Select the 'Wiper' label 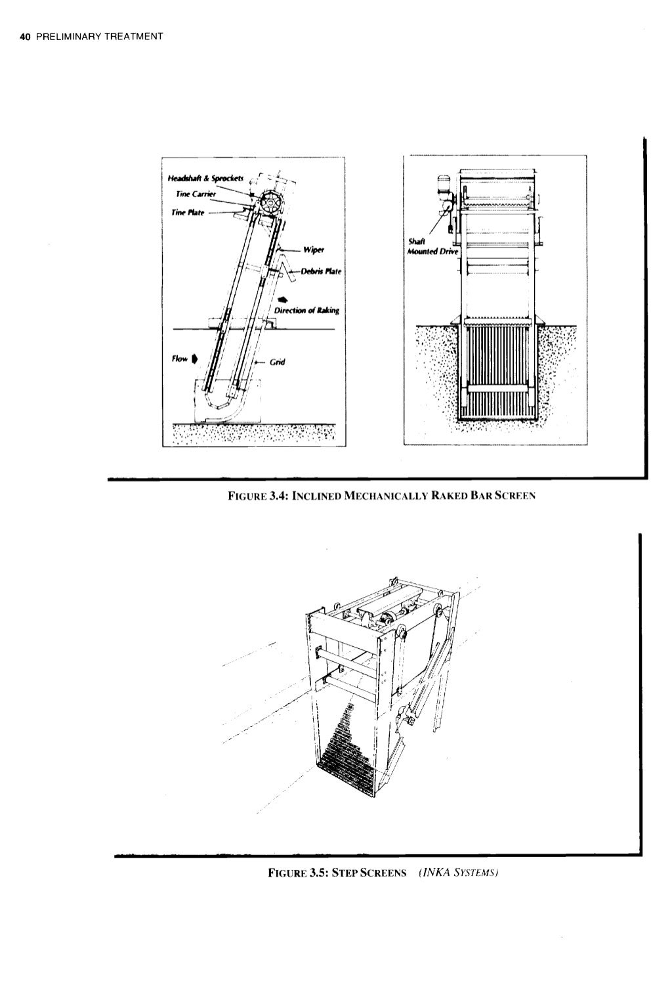(310, 250)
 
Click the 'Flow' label (179, 359)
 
